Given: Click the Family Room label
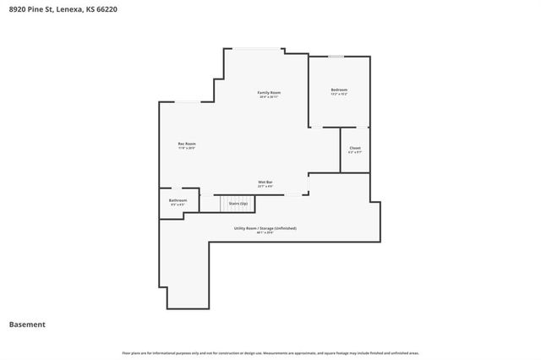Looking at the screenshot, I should click(x=269, y=91).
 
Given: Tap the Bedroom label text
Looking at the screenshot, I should click(x=338, y=90).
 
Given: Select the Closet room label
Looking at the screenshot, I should click(x=355, y=148).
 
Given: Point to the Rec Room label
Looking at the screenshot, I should click(x=187, y=144).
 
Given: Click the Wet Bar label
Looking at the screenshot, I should click(x=265, y=182).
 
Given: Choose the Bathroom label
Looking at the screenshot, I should click(x=178, y=200).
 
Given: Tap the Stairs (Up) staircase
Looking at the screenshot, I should click(x=237, y=204).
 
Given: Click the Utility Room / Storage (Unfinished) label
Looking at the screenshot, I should click(x=265, y=228).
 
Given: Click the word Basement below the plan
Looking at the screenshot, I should click(x=27, y=325).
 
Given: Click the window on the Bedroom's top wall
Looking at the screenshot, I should click(x=336, y=57).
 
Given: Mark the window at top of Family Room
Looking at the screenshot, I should click(x=258, y=48).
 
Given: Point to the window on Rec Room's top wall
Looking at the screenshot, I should click(x=188, y=101).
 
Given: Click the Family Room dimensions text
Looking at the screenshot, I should click(x=269, y=96).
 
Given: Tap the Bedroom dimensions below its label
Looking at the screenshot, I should click(x=338, y=95).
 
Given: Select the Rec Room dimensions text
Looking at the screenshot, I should click(x=187, y=149).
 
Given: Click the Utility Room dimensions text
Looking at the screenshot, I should click(x=265, y=233).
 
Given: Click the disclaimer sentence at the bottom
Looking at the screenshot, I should click(x=270, y=352).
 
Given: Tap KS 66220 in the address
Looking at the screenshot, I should click(x=108, y=10).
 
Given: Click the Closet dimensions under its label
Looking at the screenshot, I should click(x=355, y=153).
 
